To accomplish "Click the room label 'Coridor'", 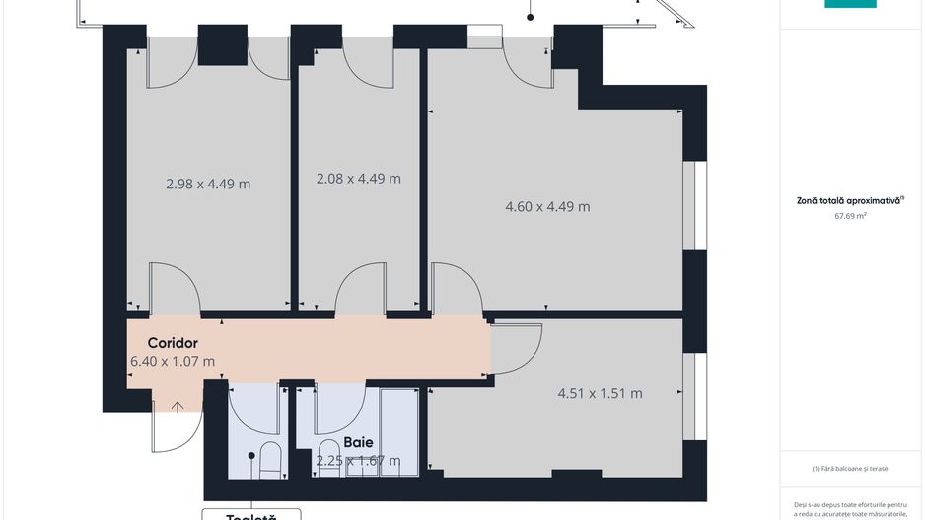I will [x=173, y=343].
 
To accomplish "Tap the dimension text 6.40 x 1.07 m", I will [x=173, y=361].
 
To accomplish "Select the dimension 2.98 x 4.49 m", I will [x=207, y=183].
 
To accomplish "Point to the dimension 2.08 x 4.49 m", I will [x=358, y=179].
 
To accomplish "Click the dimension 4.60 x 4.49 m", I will [x=547, y=206].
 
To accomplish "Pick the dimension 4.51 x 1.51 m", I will [x=600, y=393].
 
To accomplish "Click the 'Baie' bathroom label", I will [x=357, y=443].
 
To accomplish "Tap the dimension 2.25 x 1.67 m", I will [x=358, y=461].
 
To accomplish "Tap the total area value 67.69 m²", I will [x=850, y=215].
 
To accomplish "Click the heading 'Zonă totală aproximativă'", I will [x=849, y=200].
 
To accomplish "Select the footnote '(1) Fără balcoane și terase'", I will [x=850, y=469].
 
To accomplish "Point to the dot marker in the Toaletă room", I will [x=251, y=456].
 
